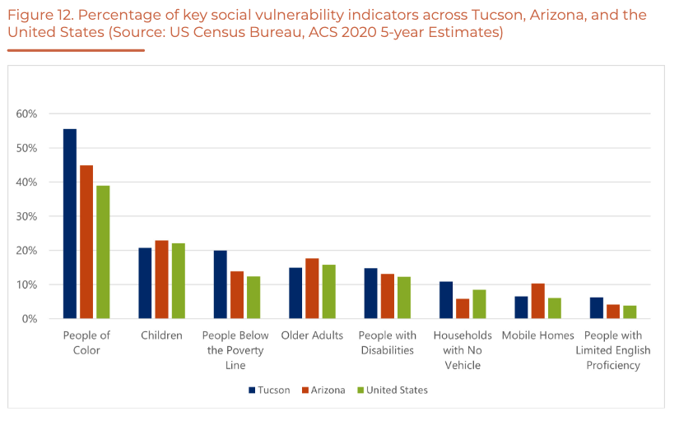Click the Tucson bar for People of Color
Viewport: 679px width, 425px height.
coord(70,224)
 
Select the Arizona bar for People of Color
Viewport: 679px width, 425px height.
coord(86,242)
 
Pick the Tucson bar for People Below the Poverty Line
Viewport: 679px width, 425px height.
coord(221,284)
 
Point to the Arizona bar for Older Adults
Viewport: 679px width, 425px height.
coord(312,289)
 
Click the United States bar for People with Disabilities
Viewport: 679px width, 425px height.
coord(404,298)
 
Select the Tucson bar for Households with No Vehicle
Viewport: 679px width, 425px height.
coord(446,300)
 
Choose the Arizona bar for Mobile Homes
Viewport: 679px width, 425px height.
coord(538,301)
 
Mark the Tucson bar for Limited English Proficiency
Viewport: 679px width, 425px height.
coord(598,307)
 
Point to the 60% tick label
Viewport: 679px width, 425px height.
coord(26,113)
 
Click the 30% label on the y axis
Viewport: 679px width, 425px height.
coord(26,216)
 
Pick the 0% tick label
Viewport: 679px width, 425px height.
coord(30,318)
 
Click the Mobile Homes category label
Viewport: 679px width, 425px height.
coord(537,335)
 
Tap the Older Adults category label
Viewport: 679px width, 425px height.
coord(312,335)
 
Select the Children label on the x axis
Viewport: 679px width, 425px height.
coord(161,335)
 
